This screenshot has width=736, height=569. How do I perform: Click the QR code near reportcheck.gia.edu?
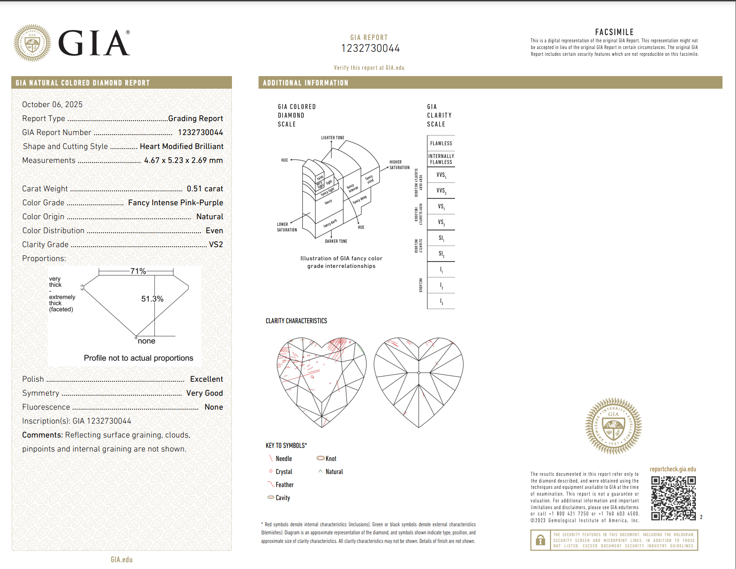coord(673,498)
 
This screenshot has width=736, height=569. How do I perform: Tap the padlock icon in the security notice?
coord(541,540)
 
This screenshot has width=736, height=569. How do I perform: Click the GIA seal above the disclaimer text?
coord(613,425)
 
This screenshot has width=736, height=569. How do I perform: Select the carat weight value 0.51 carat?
coord(204,189)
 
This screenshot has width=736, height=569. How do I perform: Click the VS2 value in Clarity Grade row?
coord(216,244)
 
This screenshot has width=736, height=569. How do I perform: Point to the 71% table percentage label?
coord(138,271)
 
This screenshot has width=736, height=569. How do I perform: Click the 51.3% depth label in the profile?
coord(152,299)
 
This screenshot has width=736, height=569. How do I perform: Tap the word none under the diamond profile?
coord(146,341)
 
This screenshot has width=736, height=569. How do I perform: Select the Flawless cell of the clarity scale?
coord(441,143)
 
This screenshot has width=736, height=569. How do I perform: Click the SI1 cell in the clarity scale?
coord(441,238)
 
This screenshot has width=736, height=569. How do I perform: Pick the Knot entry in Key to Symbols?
coord(331,459)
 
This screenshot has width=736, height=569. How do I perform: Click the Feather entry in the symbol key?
coord(284,485)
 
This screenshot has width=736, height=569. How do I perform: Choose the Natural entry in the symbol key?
coord(334,472)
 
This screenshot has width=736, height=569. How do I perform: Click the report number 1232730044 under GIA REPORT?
coord(370,48)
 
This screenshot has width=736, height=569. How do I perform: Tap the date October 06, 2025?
coord(52,104)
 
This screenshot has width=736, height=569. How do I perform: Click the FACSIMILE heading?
coord(614,32)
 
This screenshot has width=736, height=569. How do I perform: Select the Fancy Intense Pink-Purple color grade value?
coord(175,203)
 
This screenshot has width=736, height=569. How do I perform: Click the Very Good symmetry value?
coord(204,393)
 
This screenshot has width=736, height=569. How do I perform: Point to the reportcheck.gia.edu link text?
coord(672,469)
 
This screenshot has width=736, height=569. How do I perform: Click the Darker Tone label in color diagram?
coord(336,241)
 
